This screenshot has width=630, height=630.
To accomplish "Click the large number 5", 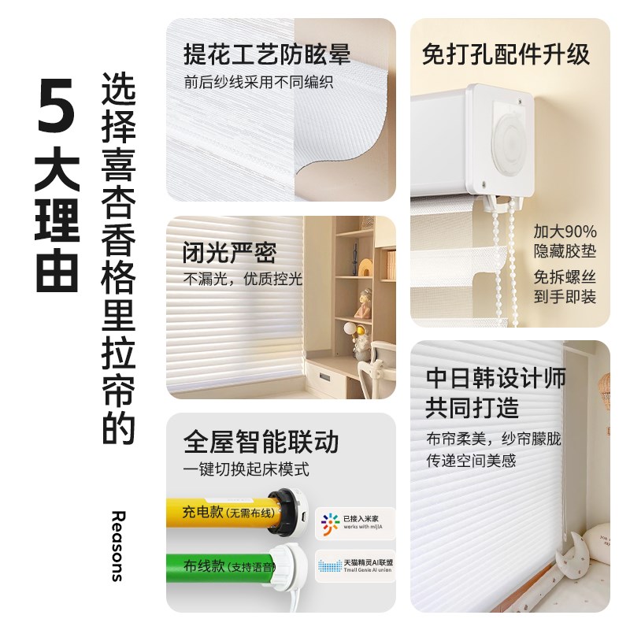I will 56,104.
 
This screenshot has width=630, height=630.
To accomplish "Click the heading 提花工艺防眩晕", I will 266,54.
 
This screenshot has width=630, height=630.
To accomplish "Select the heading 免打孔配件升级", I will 506,54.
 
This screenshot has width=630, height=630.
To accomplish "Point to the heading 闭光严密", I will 230,254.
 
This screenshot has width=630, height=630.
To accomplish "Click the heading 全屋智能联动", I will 261,441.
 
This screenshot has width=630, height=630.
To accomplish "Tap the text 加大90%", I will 565,232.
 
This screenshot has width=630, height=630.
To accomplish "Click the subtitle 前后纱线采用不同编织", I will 258,83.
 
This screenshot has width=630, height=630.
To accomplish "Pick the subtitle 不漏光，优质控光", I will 243,280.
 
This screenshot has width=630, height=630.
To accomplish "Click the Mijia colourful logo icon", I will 328,523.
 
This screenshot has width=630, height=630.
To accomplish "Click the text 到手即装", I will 565,297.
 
